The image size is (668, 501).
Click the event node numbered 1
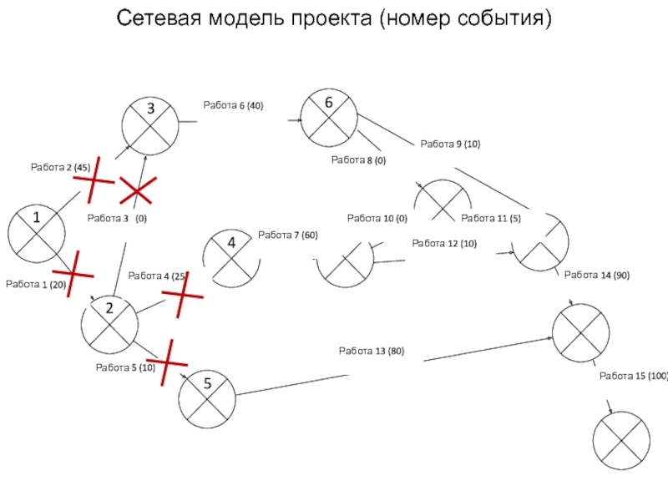(37, 231)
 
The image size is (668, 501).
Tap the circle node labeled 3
(150, 124)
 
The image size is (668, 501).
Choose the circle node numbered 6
(329, 116)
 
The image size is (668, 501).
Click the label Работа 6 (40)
(233, 105)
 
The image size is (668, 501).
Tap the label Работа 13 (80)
(371, 352)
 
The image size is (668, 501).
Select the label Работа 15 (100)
(634, 377)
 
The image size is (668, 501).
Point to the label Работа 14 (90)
(597, 275)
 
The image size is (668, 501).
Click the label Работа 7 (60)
(288, 235)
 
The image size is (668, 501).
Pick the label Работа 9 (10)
(450, 144)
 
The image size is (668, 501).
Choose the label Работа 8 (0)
(358, 159)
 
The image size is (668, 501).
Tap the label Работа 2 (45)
(60, 168)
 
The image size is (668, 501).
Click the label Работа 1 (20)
(35, 285)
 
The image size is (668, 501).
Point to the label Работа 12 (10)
(444, 243)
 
